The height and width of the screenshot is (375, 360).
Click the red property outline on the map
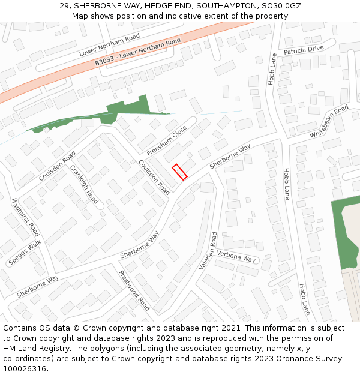[179, 171]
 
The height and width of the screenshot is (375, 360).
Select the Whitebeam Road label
[329, 122]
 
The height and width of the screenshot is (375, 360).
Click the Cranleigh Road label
[84, 184]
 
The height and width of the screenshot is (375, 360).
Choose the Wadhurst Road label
[26, 217]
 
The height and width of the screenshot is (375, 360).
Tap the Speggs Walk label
[25, 253]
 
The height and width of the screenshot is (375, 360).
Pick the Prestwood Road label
[134, 290]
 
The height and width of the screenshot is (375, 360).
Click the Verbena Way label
[236, 256]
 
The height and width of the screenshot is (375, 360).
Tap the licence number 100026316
[26, 369]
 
